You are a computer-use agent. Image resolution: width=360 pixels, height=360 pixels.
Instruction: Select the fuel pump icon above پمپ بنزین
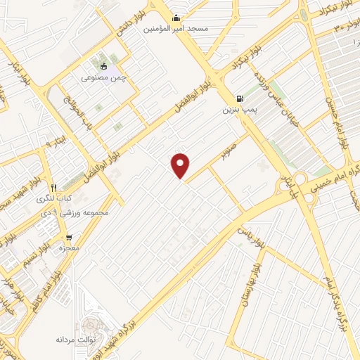(x=241, y=98)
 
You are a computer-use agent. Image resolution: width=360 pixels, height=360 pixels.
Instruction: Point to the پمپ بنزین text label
(x=238, y=110)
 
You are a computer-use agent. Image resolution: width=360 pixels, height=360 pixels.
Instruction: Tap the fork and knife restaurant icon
(x=53, y=187)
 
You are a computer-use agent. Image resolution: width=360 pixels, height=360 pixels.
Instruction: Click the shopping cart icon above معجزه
(x=69, y=238)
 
